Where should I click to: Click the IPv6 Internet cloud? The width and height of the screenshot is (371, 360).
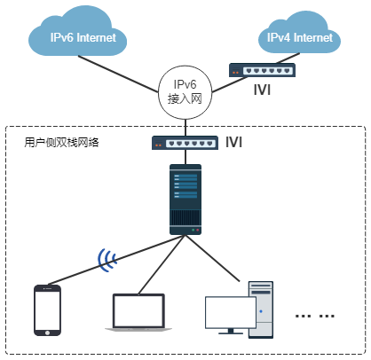coord(77,33)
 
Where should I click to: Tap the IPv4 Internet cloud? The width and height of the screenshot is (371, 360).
coord(299,34)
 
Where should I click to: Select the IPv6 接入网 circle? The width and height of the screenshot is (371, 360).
coord(185,92)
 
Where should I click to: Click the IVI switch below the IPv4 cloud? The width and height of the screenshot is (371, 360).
coord(262,70)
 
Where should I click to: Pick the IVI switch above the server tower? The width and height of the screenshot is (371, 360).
coord(185,143)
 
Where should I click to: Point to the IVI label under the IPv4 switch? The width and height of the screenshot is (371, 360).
coord(262,90)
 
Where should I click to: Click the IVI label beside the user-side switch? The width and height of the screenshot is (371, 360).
coord(233,142)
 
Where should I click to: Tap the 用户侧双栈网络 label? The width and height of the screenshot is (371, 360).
coord(61,142)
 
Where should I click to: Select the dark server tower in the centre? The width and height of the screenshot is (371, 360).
coord(185,200)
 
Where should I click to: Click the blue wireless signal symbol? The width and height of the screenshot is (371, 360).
coord(106,260)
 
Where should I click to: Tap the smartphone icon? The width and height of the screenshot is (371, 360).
coord(47,310)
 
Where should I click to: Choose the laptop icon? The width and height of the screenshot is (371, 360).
coord(138,312)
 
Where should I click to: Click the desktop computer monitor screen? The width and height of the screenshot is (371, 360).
coord(231,312)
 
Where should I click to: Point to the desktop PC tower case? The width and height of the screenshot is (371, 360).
coord(261,309)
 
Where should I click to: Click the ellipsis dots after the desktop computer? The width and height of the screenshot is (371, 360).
coord(315,317)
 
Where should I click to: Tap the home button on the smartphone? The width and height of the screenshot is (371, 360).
coord(47,333)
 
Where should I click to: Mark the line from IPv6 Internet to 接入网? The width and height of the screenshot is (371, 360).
coord(118,74)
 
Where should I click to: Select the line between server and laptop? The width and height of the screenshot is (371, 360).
coord(162,264)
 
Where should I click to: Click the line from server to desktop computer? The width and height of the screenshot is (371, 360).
coord(213,258)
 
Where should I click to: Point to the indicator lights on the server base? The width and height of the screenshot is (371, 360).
coord(195,230)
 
